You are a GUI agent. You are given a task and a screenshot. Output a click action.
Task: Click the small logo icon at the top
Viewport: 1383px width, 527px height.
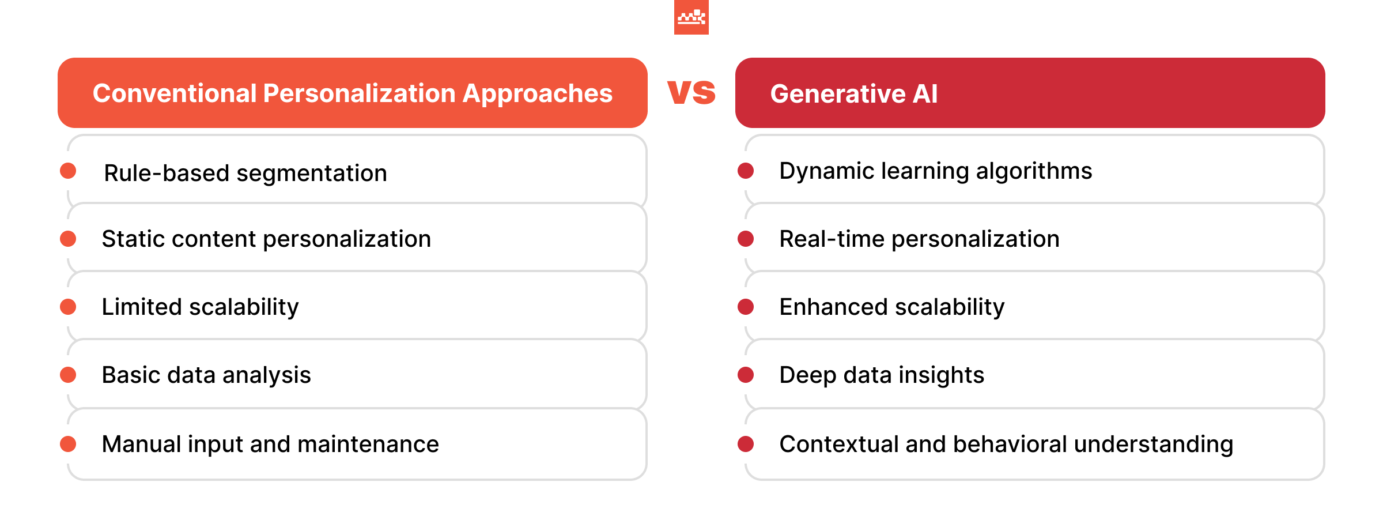click(691, 17)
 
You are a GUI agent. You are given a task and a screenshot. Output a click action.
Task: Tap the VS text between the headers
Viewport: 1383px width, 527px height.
click(691, 92)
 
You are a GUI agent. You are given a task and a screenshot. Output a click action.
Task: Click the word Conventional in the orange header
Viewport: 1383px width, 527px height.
click(174, 93)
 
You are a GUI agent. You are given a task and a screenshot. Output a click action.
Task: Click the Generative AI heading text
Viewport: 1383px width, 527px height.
click(853, 93)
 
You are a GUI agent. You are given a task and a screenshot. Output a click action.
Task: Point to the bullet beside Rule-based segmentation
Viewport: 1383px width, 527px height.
click(68, 171)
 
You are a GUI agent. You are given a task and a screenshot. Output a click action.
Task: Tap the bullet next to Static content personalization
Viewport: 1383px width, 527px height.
click(68, 239)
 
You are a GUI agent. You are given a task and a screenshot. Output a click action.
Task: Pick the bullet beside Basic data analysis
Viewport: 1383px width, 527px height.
click(68, 375)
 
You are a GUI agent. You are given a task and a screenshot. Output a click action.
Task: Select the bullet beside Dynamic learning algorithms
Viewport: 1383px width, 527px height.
click(746, 171)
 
